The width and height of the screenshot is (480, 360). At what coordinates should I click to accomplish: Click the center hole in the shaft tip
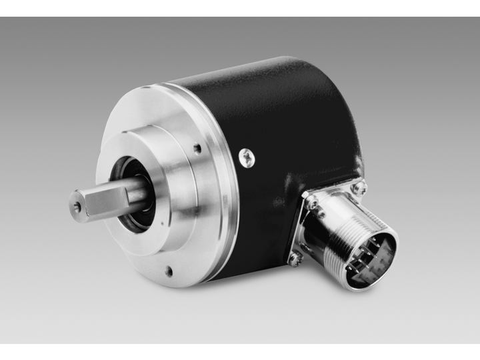click(77, 208)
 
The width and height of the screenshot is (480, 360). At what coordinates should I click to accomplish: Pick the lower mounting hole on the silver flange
click(169, 271)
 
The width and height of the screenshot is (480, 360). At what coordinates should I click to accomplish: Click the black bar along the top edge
click(240, 8)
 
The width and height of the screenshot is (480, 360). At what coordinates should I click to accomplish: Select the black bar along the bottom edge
click(240, 351)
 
